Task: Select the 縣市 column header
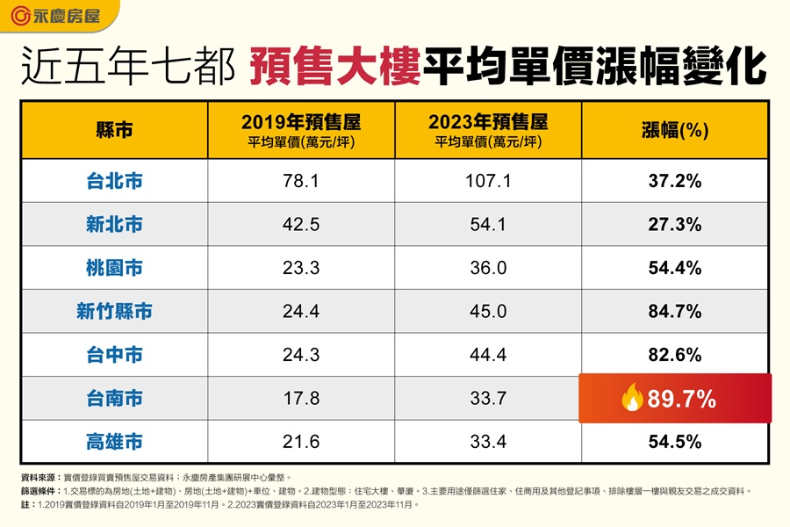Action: [x=114, y=131]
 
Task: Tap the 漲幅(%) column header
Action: [x=675, y=131]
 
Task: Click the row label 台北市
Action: [x=114, y=182]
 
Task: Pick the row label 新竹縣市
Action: [x=114, y=312]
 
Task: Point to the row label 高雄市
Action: [x=114, y=442]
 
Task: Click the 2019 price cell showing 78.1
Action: [x=301, y=182]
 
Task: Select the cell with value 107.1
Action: [x=488, y=182]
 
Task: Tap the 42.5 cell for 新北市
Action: [x=301, y=225]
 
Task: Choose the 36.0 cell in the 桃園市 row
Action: [x=488, y=268]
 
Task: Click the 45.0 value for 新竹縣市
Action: [x=488, y=312]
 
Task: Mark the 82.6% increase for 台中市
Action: [x=675, y=355]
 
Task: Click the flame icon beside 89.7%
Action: [x=632, y=399]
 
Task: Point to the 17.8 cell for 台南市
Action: [x=301, y=399]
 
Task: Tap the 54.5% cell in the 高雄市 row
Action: [x=675, y=442]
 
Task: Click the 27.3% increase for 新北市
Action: [x=675, y=225]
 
